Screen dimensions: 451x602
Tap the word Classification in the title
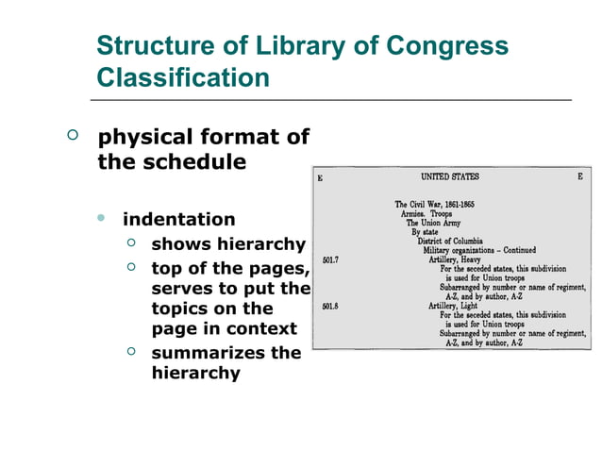[183, 77]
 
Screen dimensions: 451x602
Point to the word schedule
[196, 161]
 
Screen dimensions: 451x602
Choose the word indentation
[179, 220]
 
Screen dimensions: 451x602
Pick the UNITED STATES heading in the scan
[450, 176]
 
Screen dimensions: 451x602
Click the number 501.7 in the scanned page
[330, 260]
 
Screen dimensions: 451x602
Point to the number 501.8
[330, 306]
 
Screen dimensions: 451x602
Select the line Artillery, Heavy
[456, 260]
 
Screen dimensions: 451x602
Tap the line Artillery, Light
[455, 306]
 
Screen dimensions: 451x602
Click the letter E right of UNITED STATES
[579, 176]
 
